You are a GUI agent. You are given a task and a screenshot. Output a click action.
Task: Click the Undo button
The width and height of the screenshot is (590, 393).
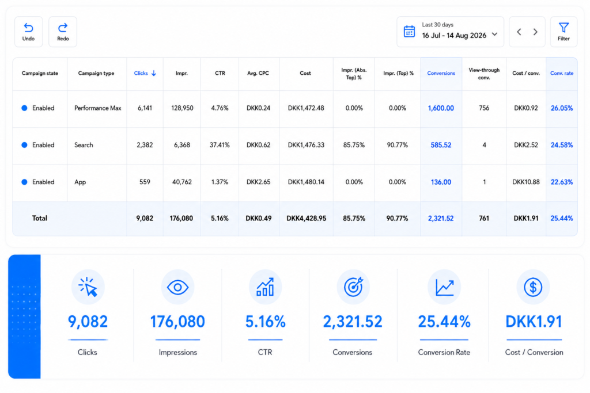(29, 32)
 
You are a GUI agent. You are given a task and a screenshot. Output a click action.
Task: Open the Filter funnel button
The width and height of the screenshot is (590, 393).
(563, 32)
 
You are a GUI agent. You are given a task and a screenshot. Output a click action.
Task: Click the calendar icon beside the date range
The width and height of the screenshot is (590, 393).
(409, 32)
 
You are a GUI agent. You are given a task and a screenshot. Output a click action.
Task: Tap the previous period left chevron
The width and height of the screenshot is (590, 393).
(519, 32)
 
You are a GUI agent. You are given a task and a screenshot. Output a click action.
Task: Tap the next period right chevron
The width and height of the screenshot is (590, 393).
(535, 32)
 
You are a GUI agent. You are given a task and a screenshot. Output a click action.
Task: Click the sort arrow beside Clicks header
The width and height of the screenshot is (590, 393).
(153, 73)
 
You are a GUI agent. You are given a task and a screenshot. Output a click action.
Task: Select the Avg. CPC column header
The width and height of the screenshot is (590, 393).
(258, 73)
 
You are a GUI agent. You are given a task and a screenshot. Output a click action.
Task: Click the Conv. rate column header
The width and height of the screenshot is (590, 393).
(562, 73)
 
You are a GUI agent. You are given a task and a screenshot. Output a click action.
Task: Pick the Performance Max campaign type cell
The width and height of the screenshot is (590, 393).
(98, 108)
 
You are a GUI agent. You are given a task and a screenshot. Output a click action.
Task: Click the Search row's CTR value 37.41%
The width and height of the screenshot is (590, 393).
(220, 145)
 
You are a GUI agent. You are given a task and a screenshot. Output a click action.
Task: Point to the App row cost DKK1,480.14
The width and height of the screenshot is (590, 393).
(306, 182)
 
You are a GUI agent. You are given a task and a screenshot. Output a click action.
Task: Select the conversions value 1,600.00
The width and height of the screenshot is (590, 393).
(441, 108)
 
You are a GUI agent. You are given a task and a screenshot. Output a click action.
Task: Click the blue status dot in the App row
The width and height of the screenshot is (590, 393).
(24, 182)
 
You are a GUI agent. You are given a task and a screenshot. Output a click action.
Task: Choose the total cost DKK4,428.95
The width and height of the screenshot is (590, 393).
(307, 218)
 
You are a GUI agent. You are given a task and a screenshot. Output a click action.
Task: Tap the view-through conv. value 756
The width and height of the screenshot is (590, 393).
(484, 108)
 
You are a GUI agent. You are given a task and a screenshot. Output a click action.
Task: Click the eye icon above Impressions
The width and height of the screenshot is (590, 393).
(177, 288)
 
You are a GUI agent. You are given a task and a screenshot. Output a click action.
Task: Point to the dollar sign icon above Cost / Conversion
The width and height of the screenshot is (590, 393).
(533, 288)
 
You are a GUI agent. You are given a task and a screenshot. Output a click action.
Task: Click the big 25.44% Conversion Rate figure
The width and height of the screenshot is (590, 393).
(444, 322)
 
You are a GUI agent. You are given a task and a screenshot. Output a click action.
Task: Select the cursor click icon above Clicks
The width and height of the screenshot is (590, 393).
(88, 287)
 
